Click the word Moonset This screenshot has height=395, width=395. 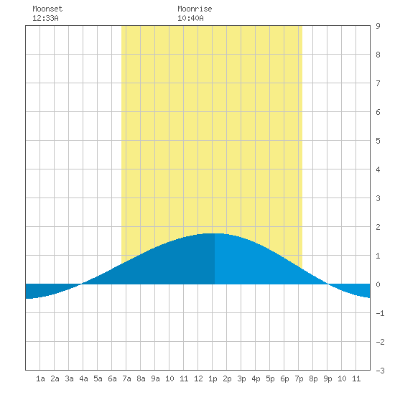[47, 9]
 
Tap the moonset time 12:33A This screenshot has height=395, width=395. [45, 18]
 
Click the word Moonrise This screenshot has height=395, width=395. [195, 9]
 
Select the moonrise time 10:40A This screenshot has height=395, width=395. [190, 18]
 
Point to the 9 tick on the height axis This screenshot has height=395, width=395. [378, 26]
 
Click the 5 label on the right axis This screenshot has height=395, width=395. [378, 141]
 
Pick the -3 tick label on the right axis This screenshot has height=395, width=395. [380, 371]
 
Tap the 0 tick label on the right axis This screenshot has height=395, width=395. [378, 284]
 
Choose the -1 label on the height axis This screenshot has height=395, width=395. [380, 313]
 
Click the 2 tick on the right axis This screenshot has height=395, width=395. [378, 227]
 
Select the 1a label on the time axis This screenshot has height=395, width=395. [40, 378]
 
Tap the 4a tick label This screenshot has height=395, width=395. [83, 378]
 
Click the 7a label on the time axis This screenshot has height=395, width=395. [126, 378]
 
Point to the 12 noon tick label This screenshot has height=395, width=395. [198, 378]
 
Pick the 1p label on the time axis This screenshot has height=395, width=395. [213, 378]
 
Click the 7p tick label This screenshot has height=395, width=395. [299, 378]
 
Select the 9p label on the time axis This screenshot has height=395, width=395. [327, 378]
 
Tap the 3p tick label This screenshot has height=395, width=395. [241, 378]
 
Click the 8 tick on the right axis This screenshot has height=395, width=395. [378, 55]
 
